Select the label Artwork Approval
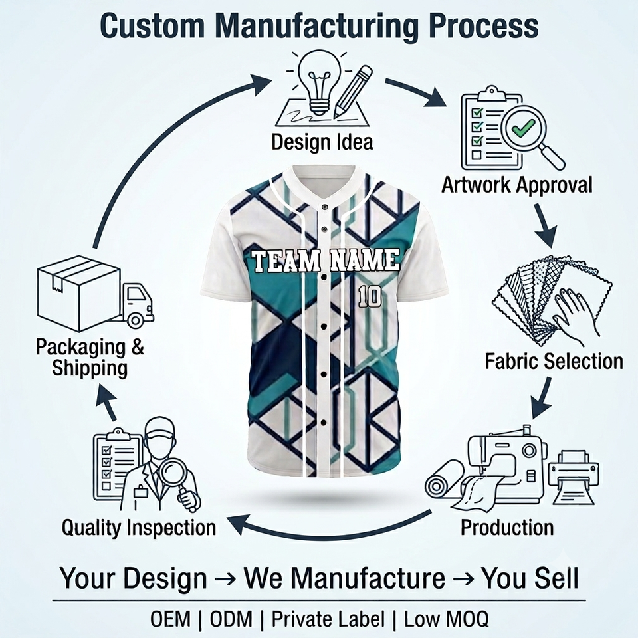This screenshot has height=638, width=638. tap(517, 185)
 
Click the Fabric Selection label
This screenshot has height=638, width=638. tap(554, 361)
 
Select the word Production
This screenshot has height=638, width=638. tap(507, 527)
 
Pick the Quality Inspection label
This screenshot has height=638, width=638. tap(139, 528)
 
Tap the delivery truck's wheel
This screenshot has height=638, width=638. tap(135, 320)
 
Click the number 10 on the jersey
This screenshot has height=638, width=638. tap(370, 296)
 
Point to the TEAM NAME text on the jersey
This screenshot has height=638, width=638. tap(326, 261)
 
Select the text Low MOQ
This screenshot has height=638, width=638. tap(446, 619)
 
